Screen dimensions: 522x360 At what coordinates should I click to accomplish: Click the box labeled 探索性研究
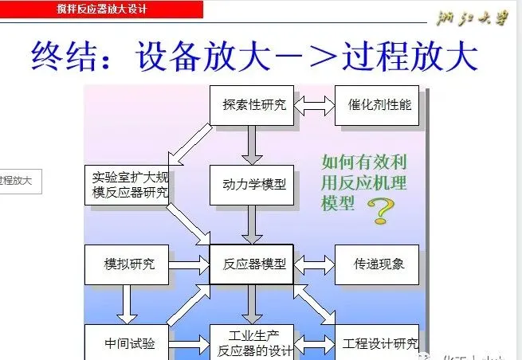point(253,104)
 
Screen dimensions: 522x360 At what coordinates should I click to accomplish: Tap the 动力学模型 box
point(253,186)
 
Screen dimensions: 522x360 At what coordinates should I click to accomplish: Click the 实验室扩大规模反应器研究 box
point(127,185)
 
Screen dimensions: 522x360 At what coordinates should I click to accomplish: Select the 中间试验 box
point(127,343)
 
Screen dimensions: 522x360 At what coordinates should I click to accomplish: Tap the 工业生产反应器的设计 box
point(253,342)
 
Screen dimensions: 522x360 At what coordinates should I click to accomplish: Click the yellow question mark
point(382,211)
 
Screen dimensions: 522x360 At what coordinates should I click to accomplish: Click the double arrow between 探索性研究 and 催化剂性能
point(315,104)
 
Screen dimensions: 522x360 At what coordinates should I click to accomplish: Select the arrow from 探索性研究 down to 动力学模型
point(253,145)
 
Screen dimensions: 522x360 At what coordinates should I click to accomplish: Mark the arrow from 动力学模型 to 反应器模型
point(253,225)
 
